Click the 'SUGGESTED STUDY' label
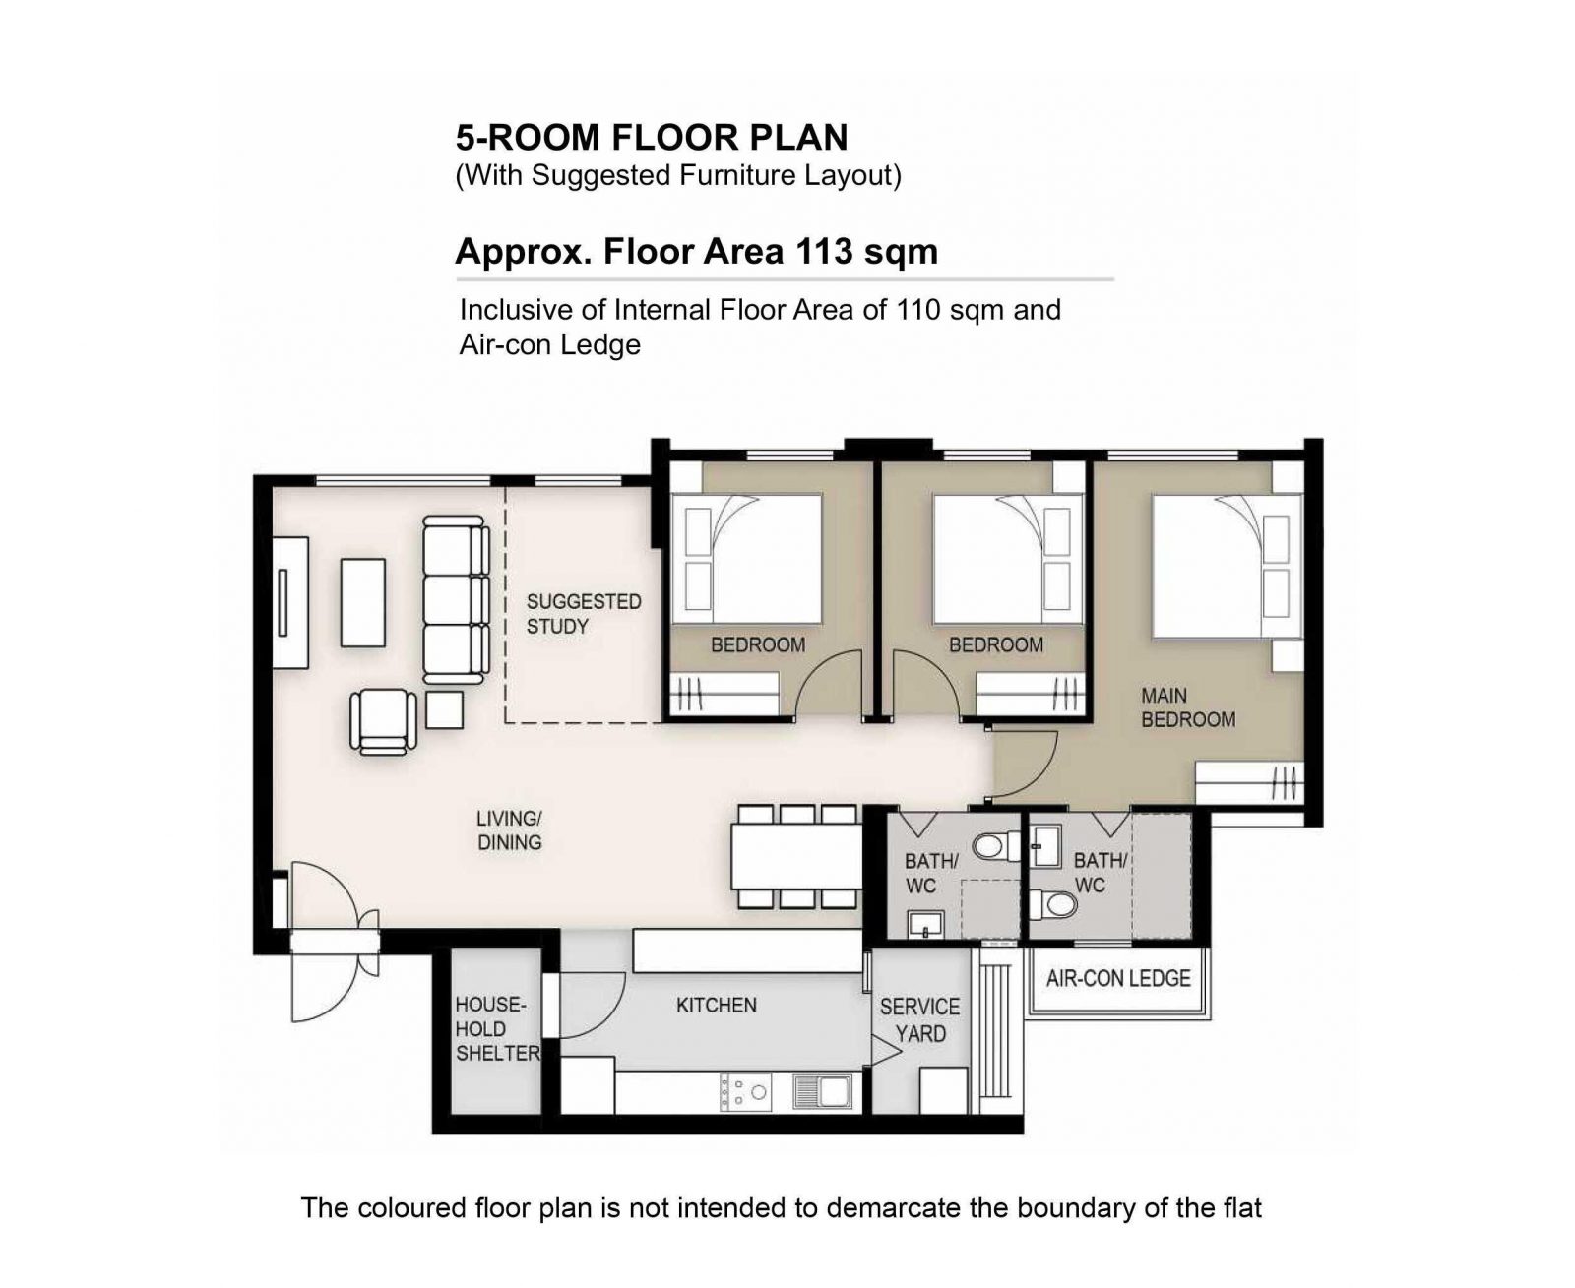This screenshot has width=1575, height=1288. (584, 614)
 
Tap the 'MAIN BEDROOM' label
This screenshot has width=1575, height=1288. (1187, 707)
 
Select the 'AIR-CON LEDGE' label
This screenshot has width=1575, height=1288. (1118, 979)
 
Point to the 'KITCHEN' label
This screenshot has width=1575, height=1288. (717, 1006)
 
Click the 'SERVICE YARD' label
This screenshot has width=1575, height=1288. (920, 1020)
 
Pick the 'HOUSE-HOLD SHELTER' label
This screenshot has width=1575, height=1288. (497, 1029)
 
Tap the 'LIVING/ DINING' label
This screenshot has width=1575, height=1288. (509, 830)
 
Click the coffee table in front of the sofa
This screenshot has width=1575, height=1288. (363, 602)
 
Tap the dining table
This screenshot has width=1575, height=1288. (796, 856)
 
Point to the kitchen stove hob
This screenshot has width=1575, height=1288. (746, 1091)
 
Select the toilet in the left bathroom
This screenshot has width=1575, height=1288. (996, 847)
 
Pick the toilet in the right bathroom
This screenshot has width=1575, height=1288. (1053, 905)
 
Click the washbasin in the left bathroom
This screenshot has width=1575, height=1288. (926, 925)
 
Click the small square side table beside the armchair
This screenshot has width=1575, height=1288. (444, 710)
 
